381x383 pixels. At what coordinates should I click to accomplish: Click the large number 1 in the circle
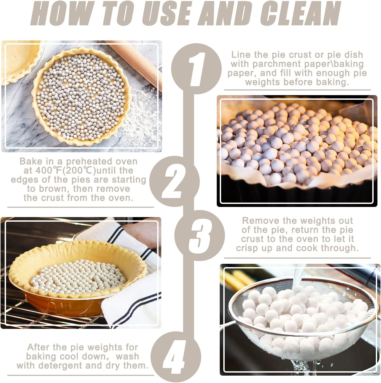[x=196, y=69]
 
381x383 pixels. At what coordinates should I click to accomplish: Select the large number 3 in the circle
[x=199, y=235]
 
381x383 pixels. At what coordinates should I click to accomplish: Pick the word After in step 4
[x=39, y=347]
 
